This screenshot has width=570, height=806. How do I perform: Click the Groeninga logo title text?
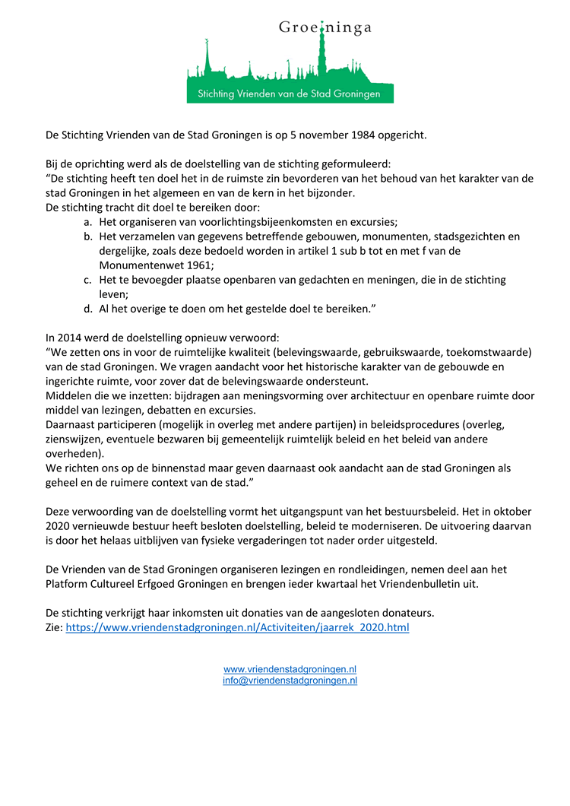[x=325, y=28]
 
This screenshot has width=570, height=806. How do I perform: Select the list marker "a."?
[x=88, y=222]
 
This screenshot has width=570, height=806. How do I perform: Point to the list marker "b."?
[x=88, y=236]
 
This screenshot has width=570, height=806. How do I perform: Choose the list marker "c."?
[x=88, y=280]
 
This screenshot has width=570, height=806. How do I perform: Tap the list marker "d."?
[x=88, y=309]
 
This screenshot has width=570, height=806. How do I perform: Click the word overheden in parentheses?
[x=74, y=454]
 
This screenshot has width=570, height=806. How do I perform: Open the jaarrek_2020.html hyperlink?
[x=237, y=628]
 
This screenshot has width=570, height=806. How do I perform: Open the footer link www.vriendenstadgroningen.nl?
[x=290, y=669]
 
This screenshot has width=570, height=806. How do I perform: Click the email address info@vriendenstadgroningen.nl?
[x=290, y=681]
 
